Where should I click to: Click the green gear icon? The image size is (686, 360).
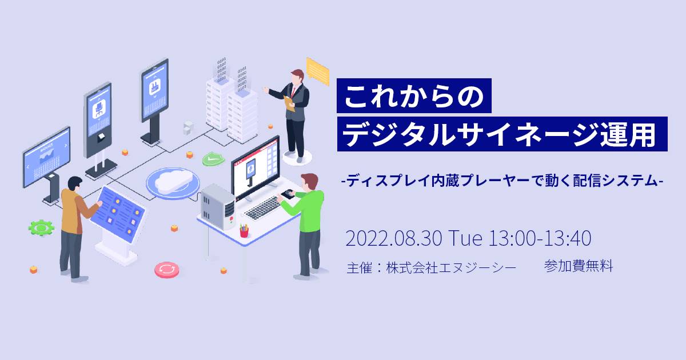[x=41, y=228]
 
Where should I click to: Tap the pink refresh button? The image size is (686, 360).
[x=166, y=270]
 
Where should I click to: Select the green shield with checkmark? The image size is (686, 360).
[x=213, y=159]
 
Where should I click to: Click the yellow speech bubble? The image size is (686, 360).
[x=318, y=71]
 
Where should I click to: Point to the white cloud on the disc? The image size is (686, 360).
[x=173, y=181]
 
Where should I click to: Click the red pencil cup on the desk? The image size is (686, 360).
[x=244, y=231]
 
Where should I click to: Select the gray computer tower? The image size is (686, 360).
[x=218, y=206]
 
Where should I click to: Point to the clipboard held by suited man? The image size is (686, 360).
[x=289, y=104]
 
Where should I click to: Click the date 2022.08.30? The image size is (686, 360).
[x=394, y=238]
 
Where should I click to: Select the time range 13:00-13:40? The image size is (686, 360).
[x=540, y=238]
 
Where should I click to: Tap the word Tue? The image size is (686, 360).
[x=465, y=238]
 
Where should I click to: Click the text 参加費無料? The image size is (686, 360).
[x=579, y=266]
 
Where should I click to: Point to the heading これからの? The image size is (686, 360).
[x=414, y=97]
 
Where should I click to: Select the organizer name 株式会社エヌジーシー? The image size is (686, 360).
[x=452, y=268]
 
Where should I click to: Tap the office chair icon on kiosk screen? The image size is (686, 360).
[x=99, y=109]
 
